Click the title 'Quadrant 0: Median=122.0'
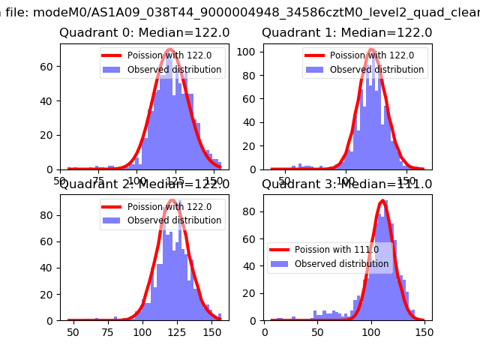click(144, 33)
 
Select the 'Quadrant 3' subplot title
click(346, 184)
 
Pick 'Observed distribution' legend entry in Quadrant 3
click(331, 264)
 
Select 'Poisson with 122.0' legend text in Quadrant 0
click(174, 55)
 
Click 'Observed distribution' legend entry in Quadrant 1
click(376, 70)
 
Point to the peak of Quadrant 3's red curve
click(382, 201)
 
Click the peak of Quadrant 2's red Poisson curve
click(172, 200)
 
